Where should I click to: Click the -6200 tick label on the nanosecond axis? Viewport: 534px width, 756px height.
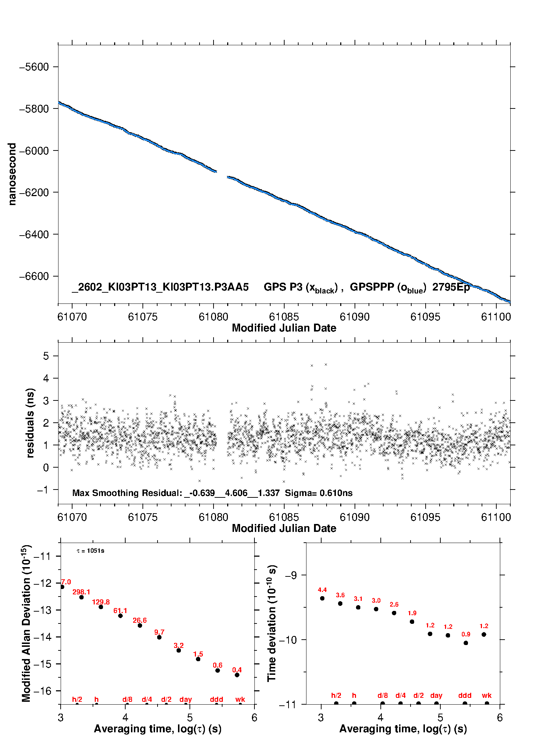(34, 193)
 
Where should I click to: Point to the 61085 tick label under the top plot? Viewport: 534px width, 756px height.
(284, 317)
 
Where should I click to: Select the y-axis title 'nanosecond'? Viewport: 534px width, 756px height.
(12, 174)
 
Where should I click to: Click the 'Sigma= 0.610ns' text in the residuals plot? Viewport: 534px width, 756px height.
(319, 493)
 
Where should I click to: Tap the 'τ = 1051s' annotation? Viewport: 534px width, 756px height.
(90, 551)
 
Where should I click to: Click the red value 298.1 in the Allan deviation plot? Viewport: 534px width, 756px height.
(81, 592)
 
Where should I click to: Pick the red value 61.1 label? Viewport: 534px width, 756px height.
(120, 611)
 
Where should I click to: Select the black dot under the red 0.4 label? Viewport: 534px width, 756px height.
(237, 675)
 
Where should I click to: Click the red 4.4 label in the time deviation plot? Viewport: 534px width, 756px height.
(322, 590)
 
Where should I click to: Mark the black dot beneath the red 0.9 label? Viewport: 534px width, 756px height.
(466, 643)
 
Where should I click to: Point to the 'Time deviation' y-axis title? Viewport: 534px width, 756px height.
(272, 623)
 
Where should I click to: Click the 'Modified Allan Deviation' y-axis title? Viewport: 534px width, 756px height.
(26, 623)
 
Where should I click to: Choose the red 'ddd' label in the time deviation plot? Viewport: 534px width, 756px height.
(465, 695)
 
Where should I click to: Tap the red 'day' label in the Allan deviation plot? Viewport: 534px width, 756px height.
(186, 699)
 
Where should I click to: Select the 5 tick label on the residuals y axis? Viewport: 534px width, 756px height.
(46, 356)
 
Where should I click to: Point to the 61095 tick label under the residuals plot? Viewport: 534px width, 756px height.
(425, 518)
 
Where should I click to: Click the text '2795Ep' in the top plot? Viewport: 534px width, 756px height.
(451, 287)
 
